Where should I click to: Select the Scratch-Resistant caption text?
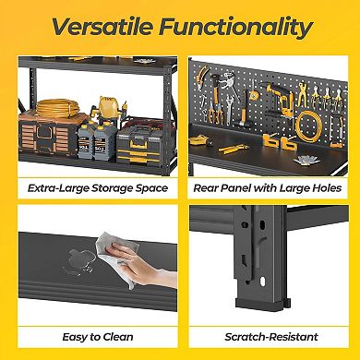click(x=268, y=337)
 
